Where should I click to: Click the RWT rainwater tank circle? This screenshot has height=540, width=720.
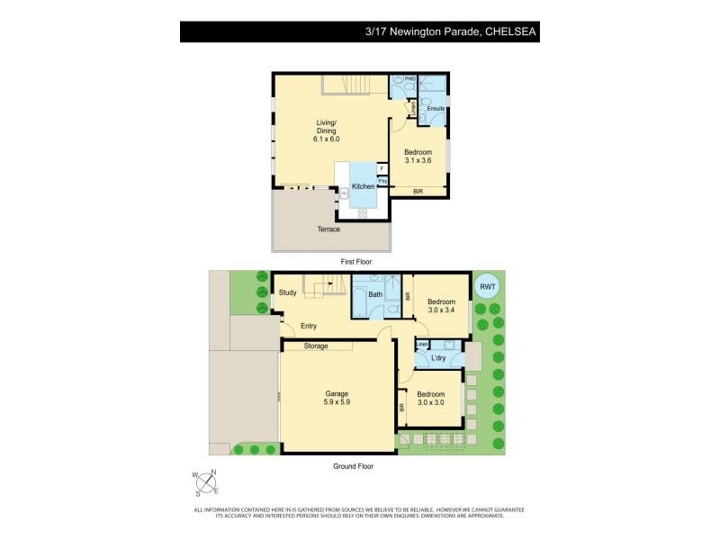click(x=486, y=286)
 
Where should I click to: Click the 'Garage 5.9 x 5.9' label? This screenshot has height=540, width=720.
click(x=337, y=397)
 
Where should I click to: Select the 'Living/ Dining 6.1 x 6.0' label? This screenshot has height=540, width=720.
click(x=326, y=130)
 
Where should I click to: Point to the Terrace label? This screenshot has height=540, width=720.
click(x=328, y=229)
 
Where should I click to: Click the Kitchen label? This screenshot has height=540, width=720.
click(x=363, y=186)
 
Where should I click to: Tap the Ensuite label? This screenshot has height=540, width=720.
click(x=436, y=109)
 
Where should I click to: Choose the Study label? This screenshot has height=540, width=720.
click(x=288, y=292)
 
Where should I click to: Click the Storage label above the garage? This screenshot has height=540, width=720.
click(x=316, y=346)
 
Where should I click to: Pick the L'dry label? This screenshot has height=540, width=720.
click(x=439, y=358)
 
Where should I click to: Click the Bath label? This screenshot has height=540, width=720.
click(x=375, y=294)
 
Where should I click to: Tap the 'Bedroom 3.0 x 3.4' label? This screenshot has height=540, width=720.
click(x=441, y=305)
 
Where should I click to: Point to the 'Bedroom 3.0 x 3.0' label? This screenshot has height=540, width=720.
click(x=430, y=398)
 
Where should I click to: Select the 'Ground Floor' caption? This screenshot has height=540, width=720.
click(x=353, y=466)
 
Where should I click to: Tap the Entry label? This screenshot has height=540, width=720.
click(x=309, y=326)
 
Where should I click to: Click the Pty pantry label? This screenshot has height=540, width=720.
click(x=382, y=181)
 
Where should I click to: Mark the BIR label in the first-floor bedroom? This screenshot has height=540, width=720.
click(x=418, y=192)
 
